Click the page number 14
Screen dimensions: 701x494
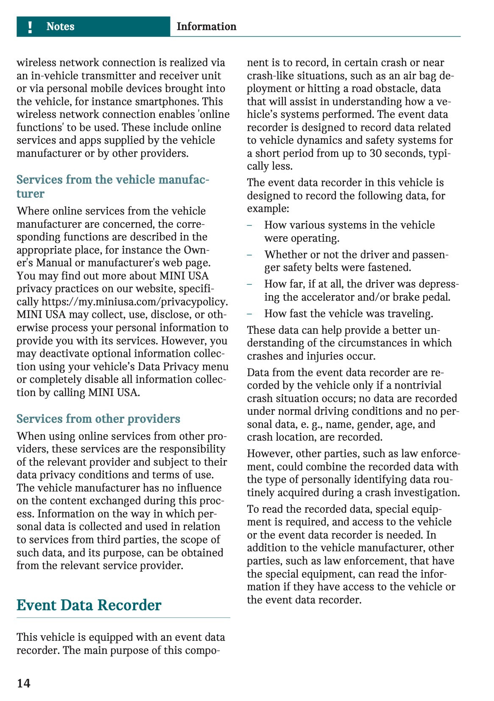[x=24, y=683]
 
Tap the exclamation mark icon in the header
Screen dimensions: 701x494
[x=30, y=27]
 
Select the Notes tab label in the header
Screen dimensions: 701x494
[x=60, y=27]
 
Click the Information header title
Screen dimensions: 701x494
[x=206, y=27]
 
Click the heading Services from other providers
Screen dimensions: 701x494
[x=98, y=419]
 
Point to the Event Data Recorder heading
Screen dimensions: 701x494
[x=89, y=605]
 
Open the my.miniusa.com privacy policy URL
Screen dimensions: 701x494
[x=134, y=302]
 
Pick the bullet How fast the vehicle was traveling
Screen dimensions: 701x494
[x=349, y=314]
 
